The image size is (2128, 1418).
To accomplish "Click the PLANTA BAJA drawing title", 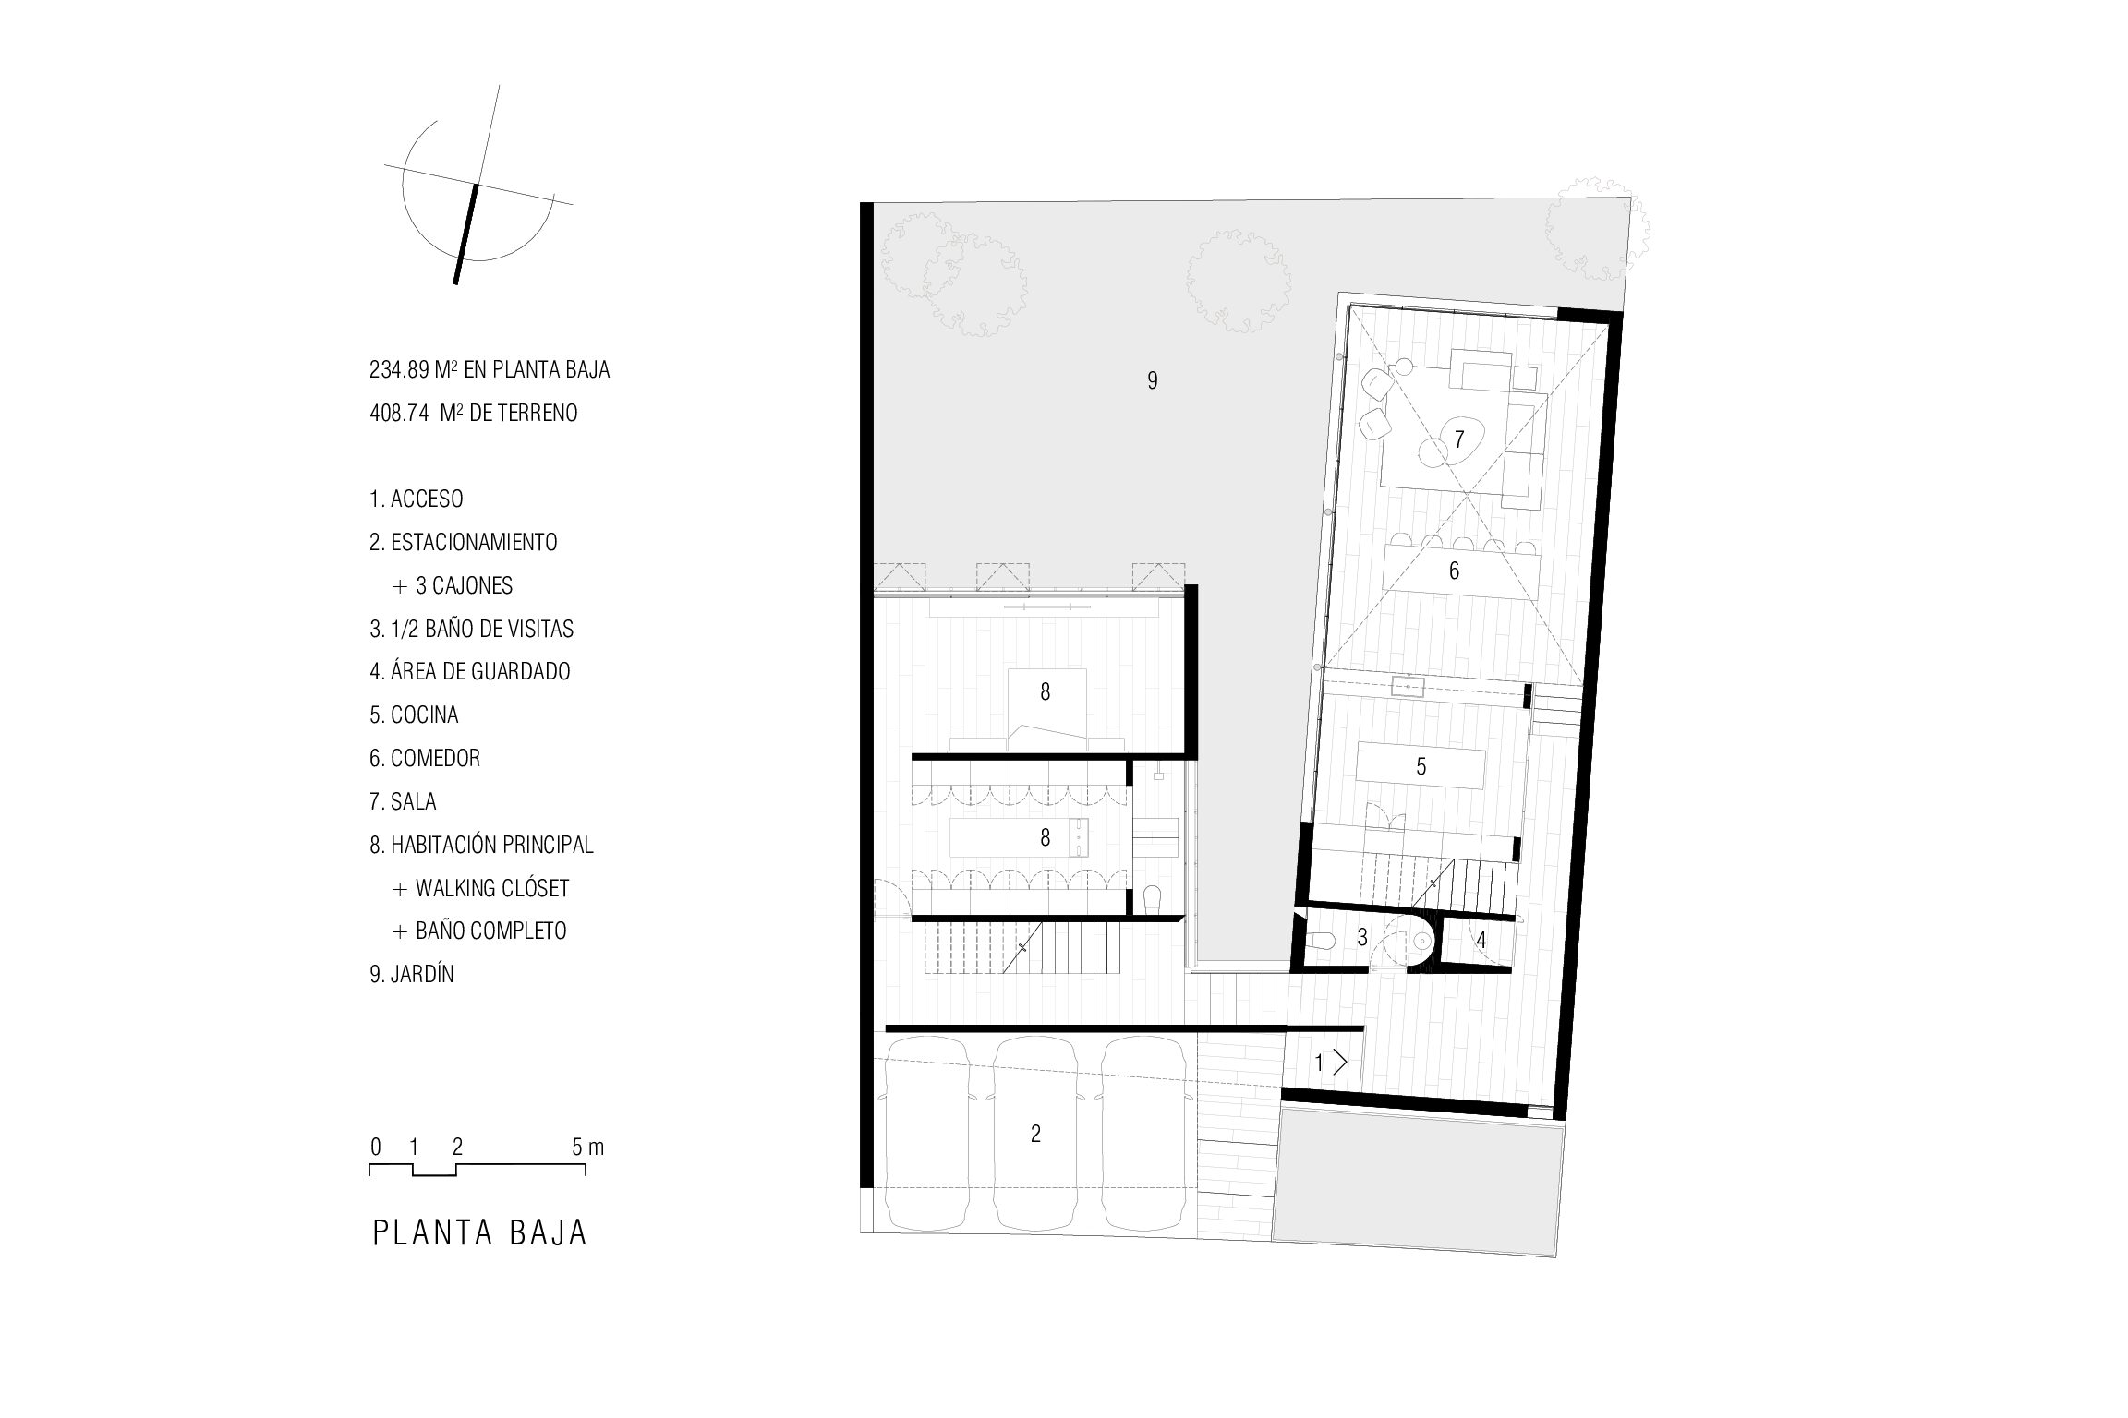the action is coord(480,1233).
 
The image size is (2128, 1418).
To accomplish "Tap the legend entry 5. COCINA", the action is coord(414,715).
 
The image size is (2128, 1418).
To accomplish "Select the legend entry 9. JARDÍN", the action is coord(412,974).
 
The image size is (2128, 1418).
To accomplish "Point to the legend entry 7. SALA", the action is coord(403,801).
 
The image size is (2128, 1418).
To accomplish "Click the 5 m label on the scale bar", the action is coord(587,1147).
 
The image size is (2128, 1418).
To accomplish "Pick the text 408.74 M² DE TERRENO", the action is coord(474,413).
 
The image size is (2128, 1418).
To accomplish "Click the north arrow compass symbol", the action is coord(478,186).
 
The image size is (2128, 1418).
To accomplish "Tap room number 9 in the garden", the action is coord(1152,380).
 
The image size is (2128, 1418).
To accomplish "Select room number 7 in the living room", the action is coord(1459,439).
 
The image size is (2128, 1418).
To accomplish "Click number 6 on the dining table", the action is coord(1454,571).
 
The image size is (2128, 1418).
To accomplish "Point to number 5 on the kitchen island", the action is coord(1421,766).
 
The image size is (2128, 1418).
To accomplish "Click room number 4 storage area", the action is coord(1481,941).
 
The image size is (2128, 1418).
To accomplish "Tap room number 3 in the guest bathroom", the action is coord(1361,938).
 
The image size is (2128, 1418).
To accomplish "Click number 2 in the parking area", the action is coord(1035,1134).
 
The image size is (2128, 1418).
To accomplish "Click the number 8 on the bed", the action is coord(1045,692).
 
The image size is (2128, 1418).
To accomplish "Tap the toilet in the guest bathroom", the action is coord(1322,941).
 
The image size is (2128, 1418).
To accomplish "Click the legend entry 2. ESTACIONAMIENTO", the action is coord(464,542).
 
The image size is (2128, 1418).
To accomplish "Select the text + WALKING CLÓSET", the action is coord(481,888).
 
